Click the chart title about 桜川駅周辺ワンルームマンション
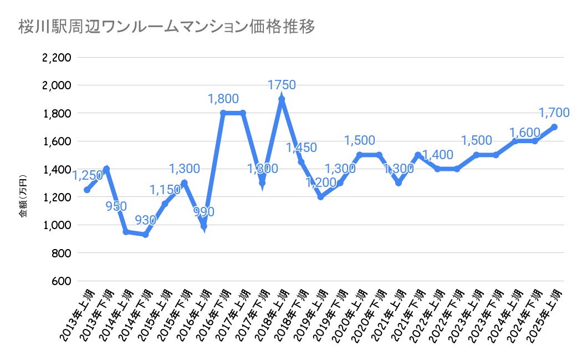[x=166, y=27]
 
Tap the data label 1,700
[x=554, y=113]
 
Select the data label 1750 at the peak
[x=282, y=85]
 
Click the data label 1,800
[x=223, y=99]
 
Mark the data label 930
[x=146, y=220]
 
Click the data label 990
[x=204, y=211]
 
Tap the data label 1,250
[x=88, y=175]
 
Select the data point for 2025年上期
[x=554, y=127]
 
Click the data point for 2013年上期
[x=87, y=190]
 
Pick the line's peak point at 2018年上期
[x=282, y=99]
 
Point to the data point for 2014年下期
[x=145, y=235]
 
